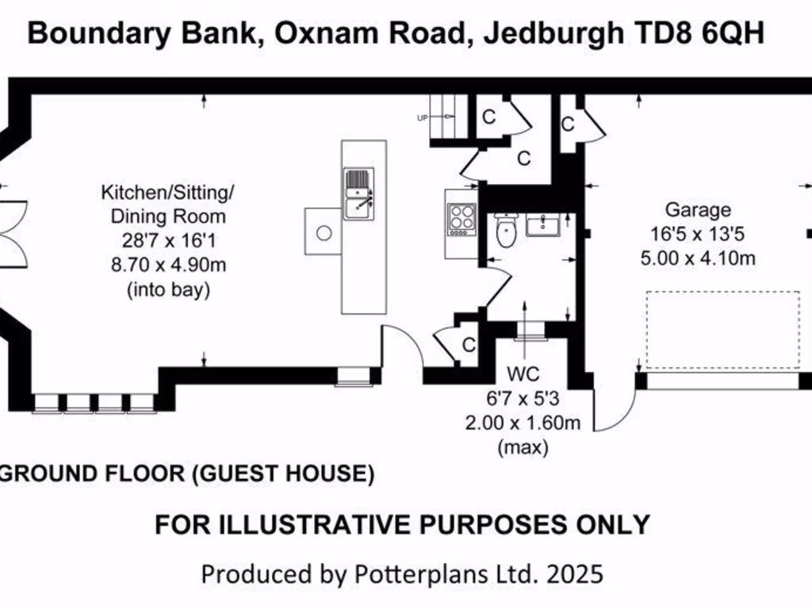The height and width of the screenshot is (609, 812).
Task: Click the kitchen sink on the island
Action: click(x=359, y=193)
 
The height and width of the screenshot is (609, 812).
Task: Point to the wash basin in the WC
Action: click(x=543, y=226)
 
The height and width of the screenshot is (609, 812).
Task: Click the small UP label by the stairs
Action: click(x=422, y=117)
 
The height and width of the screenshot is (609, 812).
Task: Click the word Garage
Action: click(x=697, y=210)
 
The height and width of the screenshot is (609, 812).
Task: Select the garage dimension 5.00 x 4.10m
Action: click(x=697, y=257)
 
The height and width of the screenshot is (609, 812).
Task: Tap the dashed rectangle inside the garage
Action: click(x=722, y=330)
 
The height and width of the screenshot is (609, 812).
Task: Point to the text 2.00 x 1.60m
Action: click(x=523, y=423)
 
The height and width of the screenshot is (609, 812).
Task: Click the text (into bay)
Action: click(x=168, y=290)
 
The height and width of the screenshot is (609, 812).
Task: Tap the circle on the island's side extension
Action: click(x=324, y=233)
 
